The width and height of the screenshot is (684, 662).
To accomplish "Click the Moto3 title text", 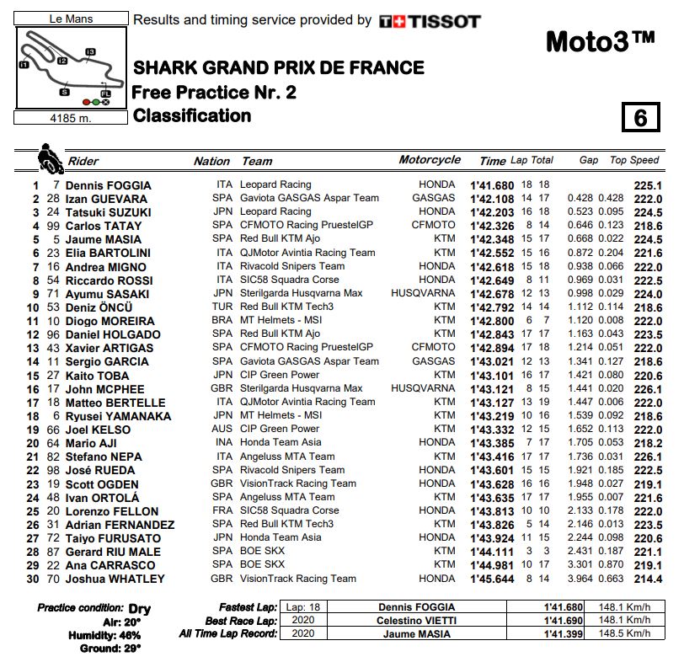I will [x=599, y=40].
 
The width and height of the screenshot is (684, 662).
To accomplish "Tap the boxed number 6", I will [x=640, y=118].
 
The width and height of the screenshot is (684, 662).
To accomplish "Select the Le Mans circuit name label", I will [x=72, y=18].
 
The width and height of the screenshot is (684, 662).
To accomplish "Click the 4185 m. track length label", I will [x=72, y=118].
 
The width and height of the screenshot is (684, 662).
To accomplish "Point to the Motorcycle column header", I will [x=430, y=160].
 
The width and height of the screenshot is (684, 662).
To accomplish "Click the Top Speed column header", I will [x=634, y=160].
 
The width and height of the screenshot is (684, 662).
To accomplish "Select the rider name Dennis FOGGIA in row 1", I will [x=108, y=185].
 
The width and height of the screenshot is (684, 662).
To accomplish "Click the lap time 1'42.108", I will [x=491, y=199].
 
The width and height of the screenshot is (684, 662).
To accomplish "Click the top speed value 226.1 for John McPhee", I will [x=647, y=389].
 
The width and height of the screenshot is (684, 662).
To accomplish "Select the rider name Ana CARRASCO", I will [x=110, y=565].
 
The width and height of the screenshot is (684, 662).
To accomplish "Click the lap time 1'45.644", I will [x=491, y=579].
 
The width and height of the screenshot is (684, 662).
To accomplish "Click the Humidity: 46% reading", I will [x=104, y=634].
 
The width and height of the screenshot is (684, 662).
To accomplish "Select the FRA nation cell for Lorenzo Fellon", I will [x=223, y=511].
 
